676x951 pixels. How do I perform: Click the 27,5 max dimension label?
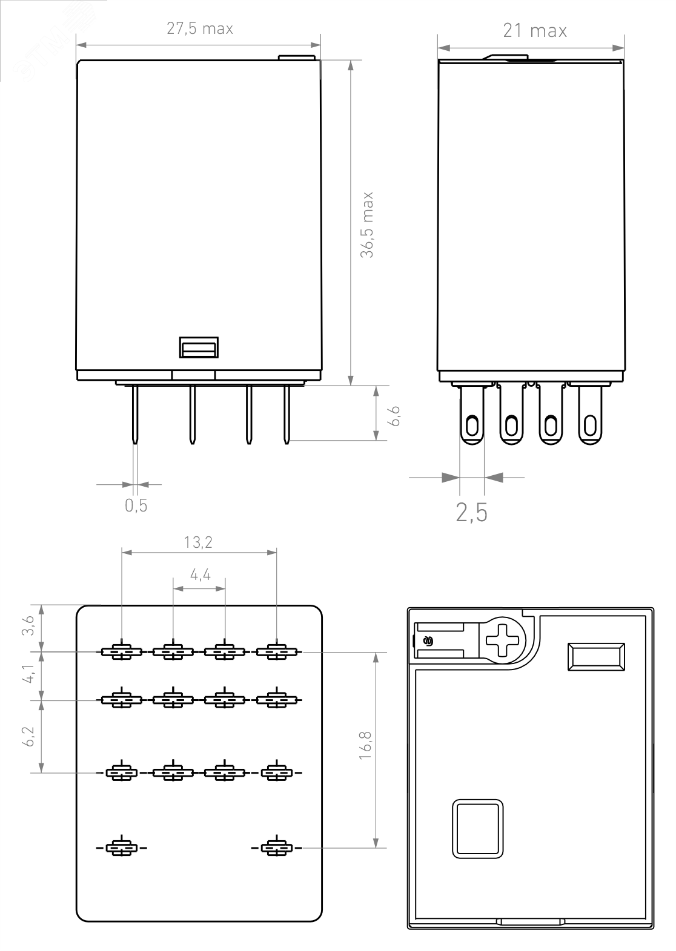(200, 29)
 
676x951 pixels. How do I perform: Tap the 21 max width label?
(534, 31)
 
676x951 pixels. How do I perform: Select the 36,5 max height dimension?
(367, 225)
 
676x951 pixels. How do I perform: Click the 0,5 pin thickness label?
(136, 505)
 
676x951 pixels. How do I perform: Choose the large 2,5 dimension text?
(471, 513)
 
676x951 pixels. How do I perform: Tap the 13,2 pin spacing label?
(199, 542)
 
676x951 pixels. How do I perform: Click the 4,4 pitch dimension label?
(200, 574)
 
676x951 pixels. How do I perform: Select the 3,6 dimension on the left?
(28, 627)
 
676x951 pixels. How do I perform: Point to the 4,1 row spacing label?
(28, 675)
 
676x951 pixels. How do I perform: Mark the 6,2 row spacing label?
(28, 736)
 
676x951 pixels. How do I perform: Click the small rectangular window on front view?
(199, 348)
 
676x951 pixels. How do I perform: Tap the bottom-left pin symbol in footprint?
(122, 847)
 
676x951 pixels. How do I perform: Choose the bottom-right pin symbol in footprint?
(277, 847)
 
